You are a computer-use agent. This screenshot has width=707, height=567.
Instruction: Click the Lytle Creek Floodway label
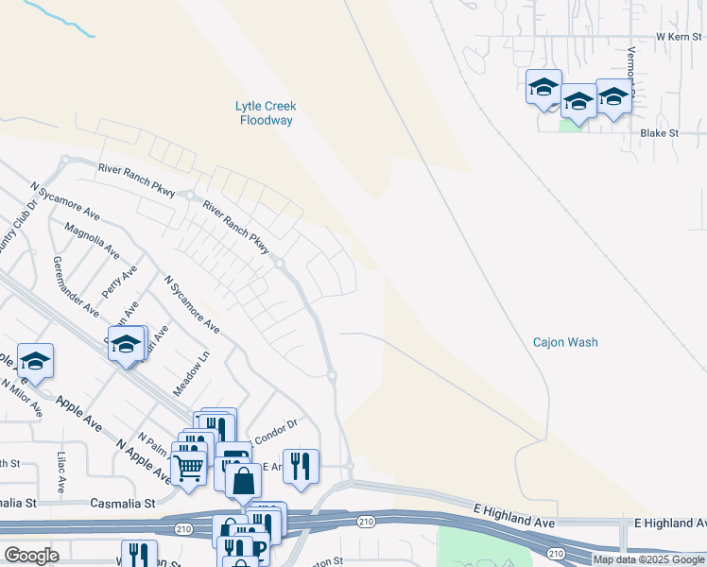266,113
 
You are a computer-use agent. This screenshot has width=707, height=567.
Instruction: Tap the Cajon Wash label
565,343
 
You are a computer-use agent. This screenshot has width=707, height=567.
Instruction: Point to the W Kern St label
680,36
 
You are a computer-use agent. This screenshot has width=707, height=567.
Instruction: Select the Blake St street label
659,133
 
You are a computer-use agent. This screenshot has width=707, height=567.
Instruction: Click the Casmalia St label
122,505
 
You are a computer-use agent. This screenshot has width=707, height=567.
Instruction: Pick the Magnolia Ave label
92,241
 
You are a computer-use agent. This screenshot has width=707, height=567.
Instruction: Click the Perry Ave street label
120,283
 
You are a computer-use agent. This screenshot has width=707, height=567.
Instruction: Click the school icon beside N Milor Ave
36,361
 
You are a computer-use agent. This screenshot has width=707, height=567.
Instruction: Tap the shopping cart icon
188,466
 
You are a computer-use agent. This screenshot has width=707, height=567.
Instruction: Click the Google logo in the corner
31,557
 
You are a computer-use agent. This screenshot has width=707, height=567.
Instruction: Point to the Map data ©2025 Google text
648,559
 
